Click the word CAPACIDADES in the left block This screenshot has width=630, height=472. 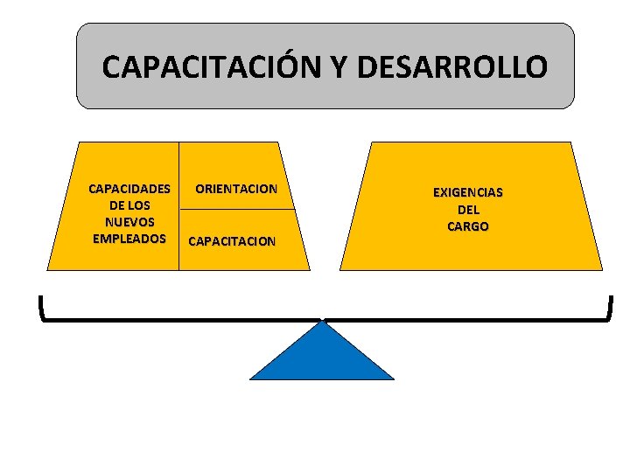tap(129, 188)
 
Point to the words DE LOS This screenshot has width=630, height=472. tap(129, 205)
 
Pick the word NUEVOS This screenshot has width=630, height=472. tap(129, 221)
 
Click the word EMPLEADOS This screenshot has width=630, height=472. tap(129, 238)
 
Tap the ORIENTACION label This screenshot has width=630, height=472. tap(236, 188)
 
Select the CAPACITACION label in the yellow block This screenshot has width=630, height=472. tap(233, 240)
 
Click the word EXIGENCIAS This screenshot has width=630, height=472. tap(468, 192)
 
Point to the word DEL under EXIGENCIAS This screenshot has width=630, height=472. tap(468, 210)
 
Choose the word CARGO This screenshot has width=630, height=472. tap(468, 226)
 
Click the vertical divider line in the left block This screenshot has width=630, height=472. tap(178, 205)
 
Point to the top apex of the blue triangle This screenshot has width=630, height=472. tap(324, 322)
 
